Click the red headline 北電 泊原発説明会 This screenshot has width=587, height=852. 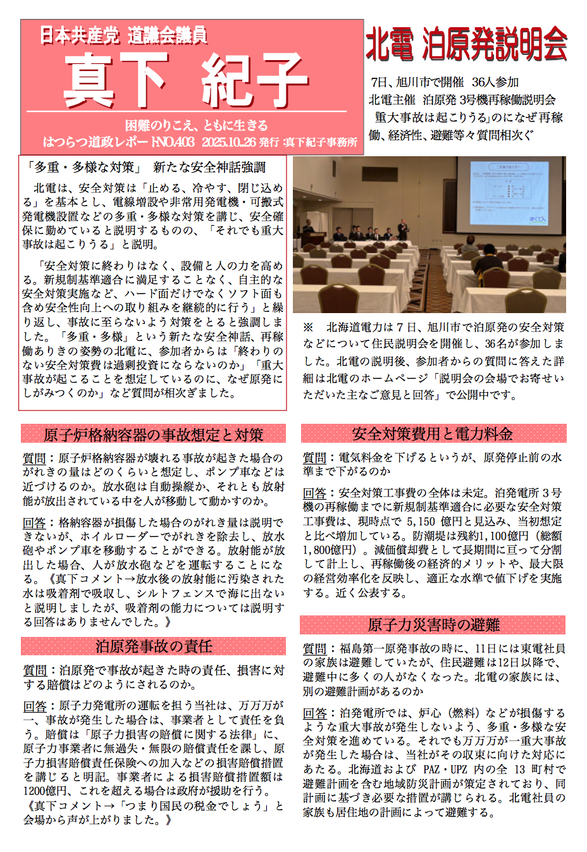click(x=466, y=44)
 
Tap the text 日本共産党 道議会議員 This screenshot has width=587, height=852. click(x=124, y=35)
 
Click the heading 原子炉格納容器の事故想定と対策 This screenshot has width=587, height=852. click(x=153, y=435)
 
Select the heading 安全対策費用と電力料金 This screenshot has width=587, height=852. click(x=432, y=434)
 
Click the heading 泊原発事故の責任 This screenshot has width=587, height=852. click(x=153, y=646)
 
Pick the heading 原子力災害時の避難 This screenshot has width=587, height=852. click(x=433, y=625)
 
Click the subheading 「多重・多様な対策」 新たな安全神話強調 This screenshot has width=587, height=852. click(x=146, y=167)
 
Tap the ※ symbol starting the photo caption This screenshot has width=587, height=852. click(x=308, y=328)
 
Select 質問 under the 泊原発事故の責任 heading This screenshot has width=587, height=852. click(x=35, y=670)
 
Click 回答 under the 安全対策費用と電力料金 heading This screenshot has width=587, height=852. click(x=314, y=493)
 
